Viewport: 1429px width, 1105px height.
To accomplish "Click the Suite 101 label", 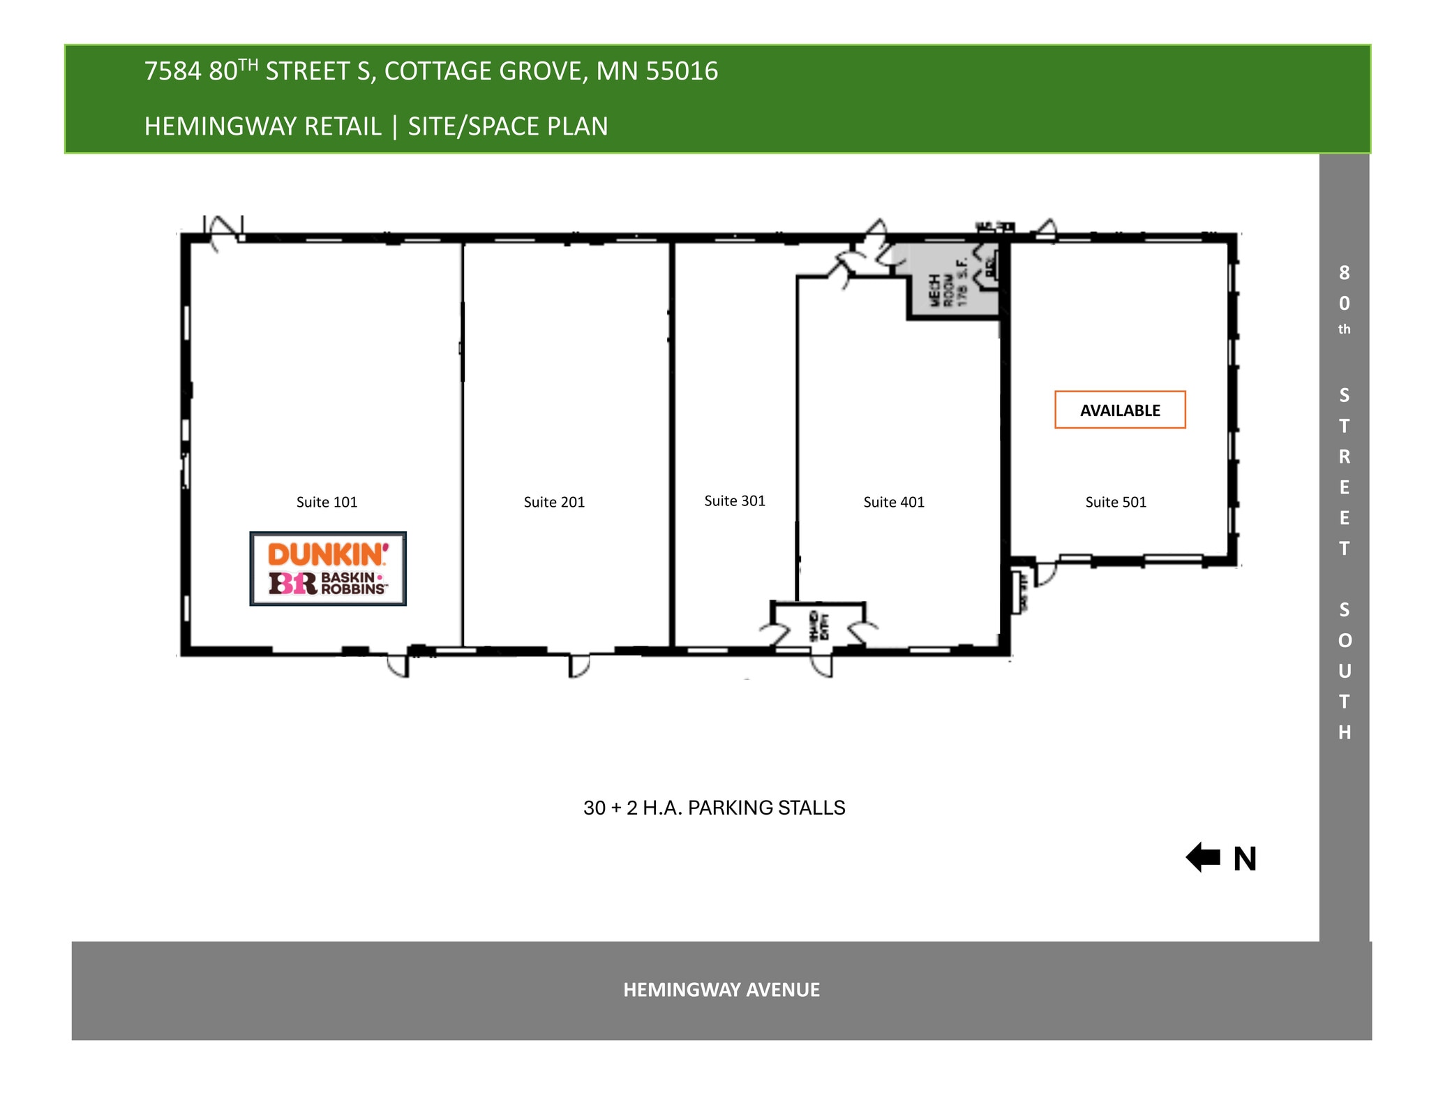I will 327,502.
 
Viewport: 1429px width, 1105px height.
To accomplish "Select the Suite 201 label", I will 554,502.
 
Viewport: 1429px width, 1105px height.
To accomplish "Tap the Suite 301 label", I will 735,500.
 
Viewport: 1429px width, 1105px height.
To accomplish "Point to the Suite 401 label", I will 894,502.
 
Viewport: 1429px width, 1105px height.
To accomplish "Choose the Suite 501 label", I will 1116,502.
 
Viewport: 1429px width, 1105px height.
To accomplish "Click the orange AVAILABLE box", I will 1120,410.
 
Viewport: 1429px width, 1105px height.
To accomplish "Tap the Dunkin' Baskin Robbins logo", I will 328,569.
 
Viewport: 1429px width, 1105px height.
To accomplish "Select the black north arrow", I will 1203,857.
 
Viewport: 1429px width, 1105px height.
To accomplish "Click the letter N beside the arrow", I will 1245,859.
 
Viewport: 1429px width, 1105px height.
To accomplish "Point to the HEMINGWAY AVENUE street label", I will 721,990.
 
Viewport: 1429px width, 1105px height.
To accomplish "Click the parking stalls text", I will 714,808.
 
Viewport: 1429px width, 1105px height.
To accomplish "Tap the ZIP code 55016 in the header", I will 682,71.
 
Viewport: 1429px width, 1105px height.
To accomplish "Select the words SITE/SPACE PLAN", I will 508,126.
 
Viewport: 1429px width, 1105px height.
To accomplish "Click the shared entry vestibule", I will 818,623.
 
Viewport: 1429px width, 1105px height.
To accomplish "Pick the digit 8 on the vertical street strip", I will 1344,273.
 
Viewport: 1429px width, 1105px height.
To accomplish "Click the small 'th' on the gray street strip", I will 1344,329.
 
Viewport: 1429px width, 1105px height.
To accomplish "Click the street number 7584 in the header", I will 172,71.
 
